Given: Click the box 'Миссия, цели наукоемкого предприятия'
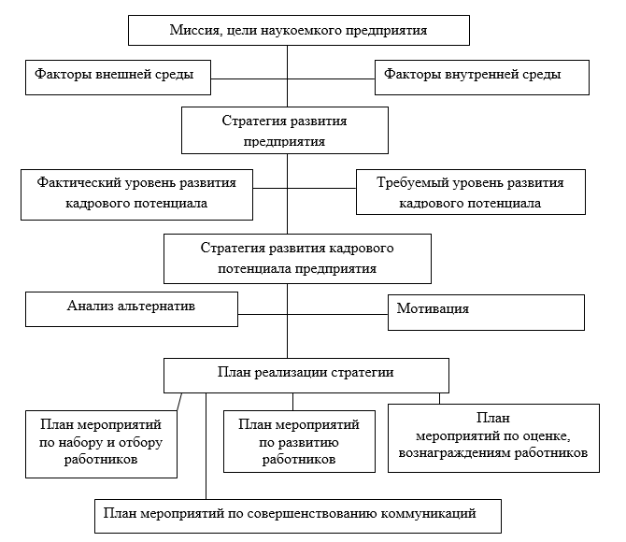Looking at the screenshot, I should pos(298,30).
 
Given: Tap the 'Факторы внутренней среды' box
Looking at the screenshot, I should pos(482,76).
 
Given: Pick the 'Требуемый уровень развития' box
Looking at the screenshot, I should pos(470,193).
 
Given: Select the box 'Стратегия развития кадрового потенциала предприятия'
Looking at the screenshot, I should pos(297,258).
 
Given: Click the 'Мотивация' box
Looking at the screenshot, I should pos(486,311).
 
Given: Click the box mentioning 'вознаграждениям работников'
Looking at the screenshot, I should pos(492,436).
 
